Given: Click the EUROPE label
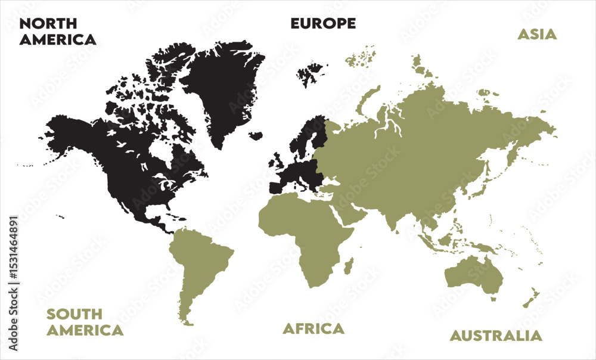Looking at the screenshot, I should coord(323,23).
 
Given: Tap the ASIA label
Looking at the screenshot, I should coord(536,34).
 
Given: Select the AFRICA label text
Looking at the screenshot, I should coord(313,328).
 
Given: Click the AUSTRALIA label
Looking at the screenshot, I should coord(496,336).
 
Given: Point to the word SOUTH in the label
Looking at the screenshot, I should coord(74,314).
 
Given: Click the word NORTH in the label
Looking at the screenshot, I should coord(48,24).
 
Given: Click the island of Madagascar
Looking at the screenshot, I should coord(348,265).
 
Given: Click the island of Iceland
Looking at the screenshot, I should coord(256,136).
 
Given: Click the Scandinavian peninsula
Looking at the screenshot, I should coord(304,137).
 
